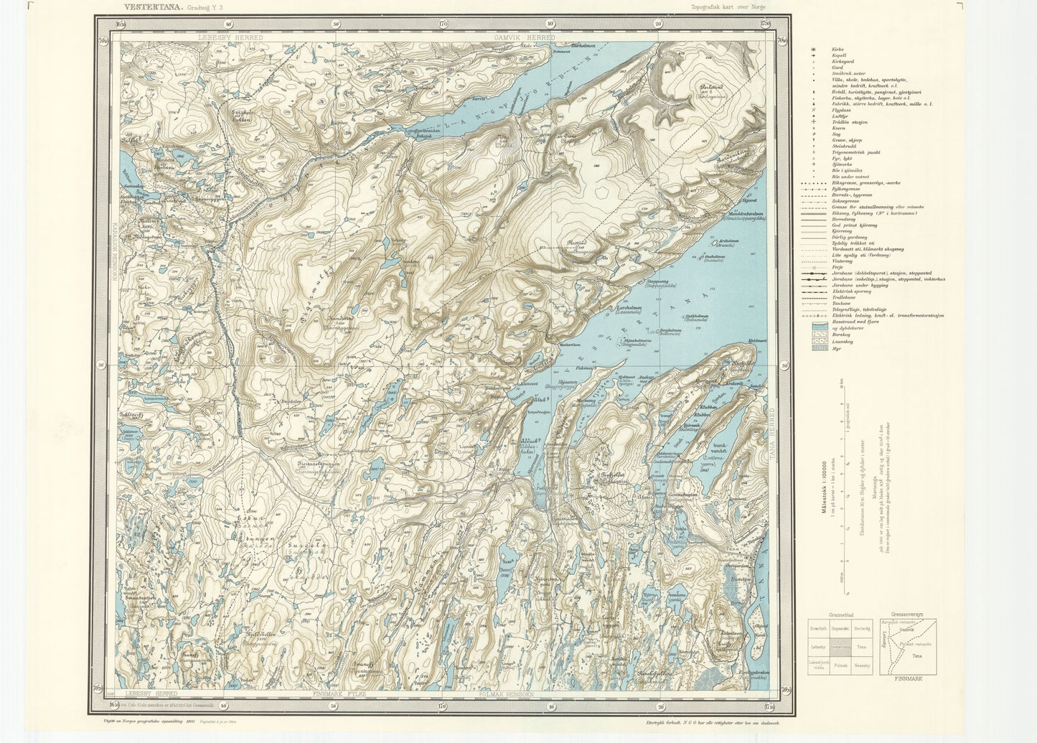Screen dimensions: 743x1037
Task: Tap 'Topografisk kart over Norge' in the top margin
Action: (x=728, y=6)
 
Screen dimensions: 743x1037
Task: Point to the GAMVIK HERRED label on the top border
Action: (x=520, y=36)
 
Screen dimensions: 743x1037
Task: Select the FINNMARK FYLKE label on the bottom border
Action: (x=341, y=694)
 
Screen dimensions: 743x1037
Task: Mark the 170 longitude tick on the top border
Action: (x=443, y=24)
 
